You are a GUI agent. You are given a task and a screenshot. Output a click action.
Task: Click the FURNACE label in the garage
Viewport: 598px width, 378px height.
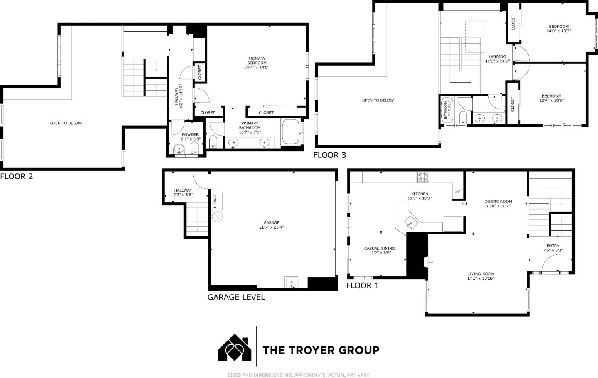[215, 201]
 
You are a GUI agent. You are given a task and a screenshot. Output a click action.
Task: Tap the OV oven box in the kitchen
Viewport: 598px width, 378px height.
[457, 191]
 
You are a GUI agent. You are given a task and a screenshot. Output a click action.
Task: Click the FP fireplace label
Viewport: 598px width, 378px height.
[430, 262]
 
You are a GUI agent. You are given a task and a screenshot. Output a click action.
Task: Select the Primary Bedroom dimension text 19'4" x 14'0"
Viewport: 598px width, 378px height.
[257, 68]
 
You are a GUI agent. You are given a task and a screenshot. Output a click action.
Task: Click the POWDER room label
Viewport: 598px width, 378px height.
[190, 134]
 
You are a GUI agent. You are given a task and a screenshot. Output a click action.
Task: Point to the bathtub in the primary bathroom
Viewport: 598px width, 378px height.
[290, 132]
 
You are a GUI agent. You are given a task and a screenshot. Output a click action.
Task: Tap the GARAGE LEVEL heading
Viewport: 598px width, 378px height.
[236, 297]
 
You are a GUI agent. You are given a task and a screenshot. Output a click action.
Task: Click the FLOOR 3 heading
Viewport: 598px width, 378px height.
[329, 155]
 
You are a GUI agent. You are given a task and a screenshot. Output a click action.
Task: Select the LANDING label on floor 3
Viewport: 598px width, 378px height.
[497, 57]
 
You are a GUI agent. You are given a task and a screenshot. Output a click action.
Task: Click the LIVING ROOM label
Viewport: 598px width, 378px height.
[480, 274]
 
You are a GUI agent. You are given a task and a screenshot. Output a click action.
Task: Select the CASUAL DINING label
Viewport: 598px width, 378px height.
[379, 249]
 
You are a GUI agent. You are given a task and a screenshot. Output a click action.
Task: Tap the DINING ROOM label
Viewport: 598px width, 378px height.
[498, 202]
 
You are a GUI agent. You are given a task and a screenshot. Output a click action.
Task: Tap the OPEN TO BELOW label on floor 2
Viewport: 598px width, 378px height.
[66, 123]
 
